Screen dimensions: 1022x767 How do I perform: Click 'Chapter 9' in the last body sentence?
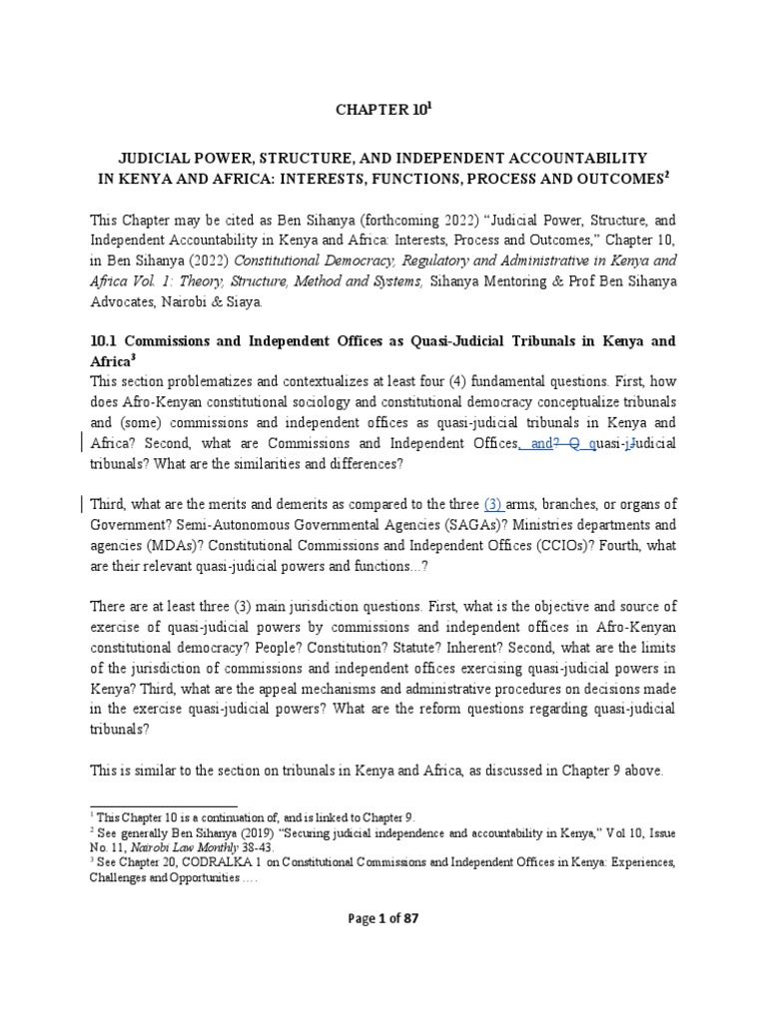tap(625, 771)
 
